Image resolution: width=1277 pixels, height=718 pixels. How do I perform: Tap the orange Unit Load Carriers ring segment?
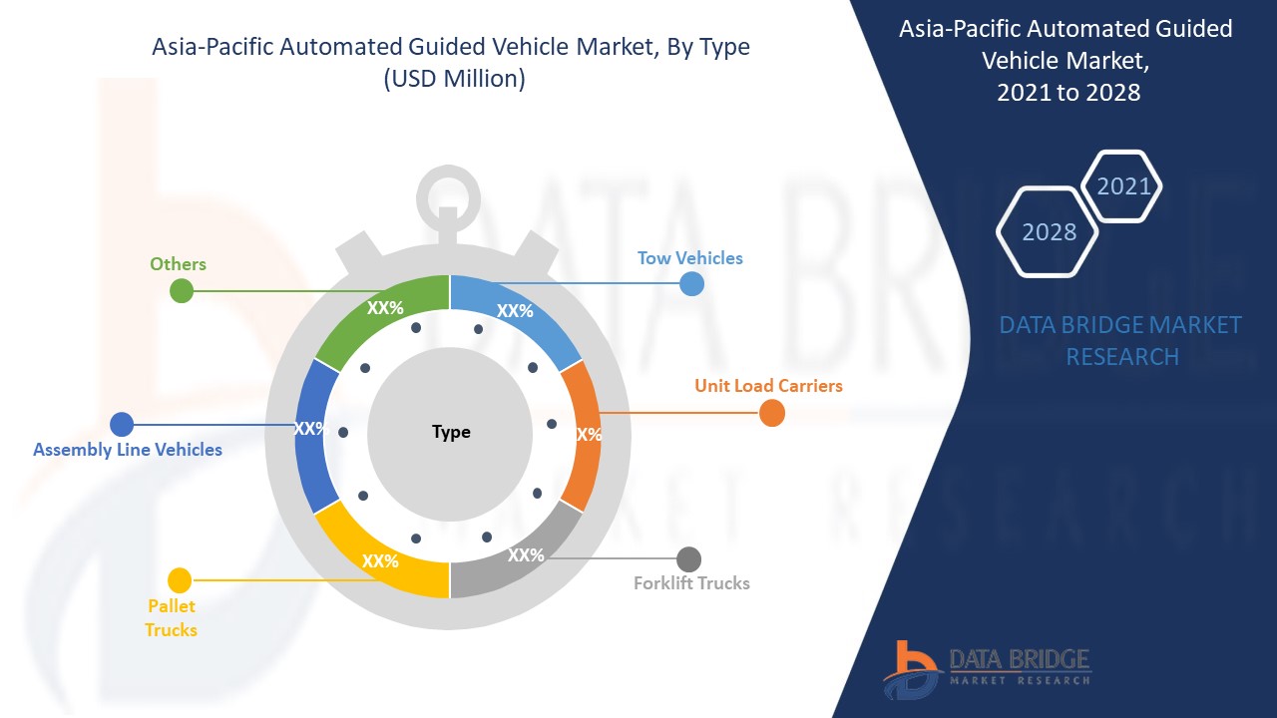583,434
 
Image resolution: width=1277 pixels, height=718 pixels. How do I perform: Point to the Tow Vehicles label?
690,258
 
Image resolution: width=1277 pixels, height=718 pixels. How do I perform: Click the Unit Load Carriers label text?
768,386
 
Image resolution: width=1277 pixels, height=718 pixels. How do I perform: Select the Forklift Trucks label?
691,583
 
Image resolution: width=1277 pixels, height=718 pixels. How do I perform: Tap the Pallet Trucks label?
171,618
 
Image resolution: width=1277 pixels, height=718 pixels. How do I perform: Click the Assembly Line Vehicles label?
128,450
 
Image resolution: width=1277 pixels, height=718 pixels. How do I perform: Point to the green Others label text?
178,264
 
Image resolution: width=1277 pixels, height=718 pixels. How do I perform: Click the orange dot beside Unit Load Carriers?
772,413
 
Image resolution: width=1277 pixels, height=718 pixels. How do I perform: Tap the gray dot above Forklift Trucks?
688,559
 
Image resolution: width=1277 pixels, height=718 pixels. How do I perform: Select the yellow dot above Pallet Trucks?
180,580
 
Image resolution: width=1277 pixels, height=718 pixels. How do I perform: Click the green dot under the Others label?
182,291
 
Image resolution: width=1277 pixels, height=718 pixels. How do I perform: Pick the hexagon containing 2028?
1048,231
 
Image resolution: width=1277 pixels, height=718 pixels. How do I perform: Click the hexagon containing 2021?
1123,185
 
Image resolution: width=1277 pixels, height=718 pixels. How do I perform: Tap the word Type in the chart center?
451,433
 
